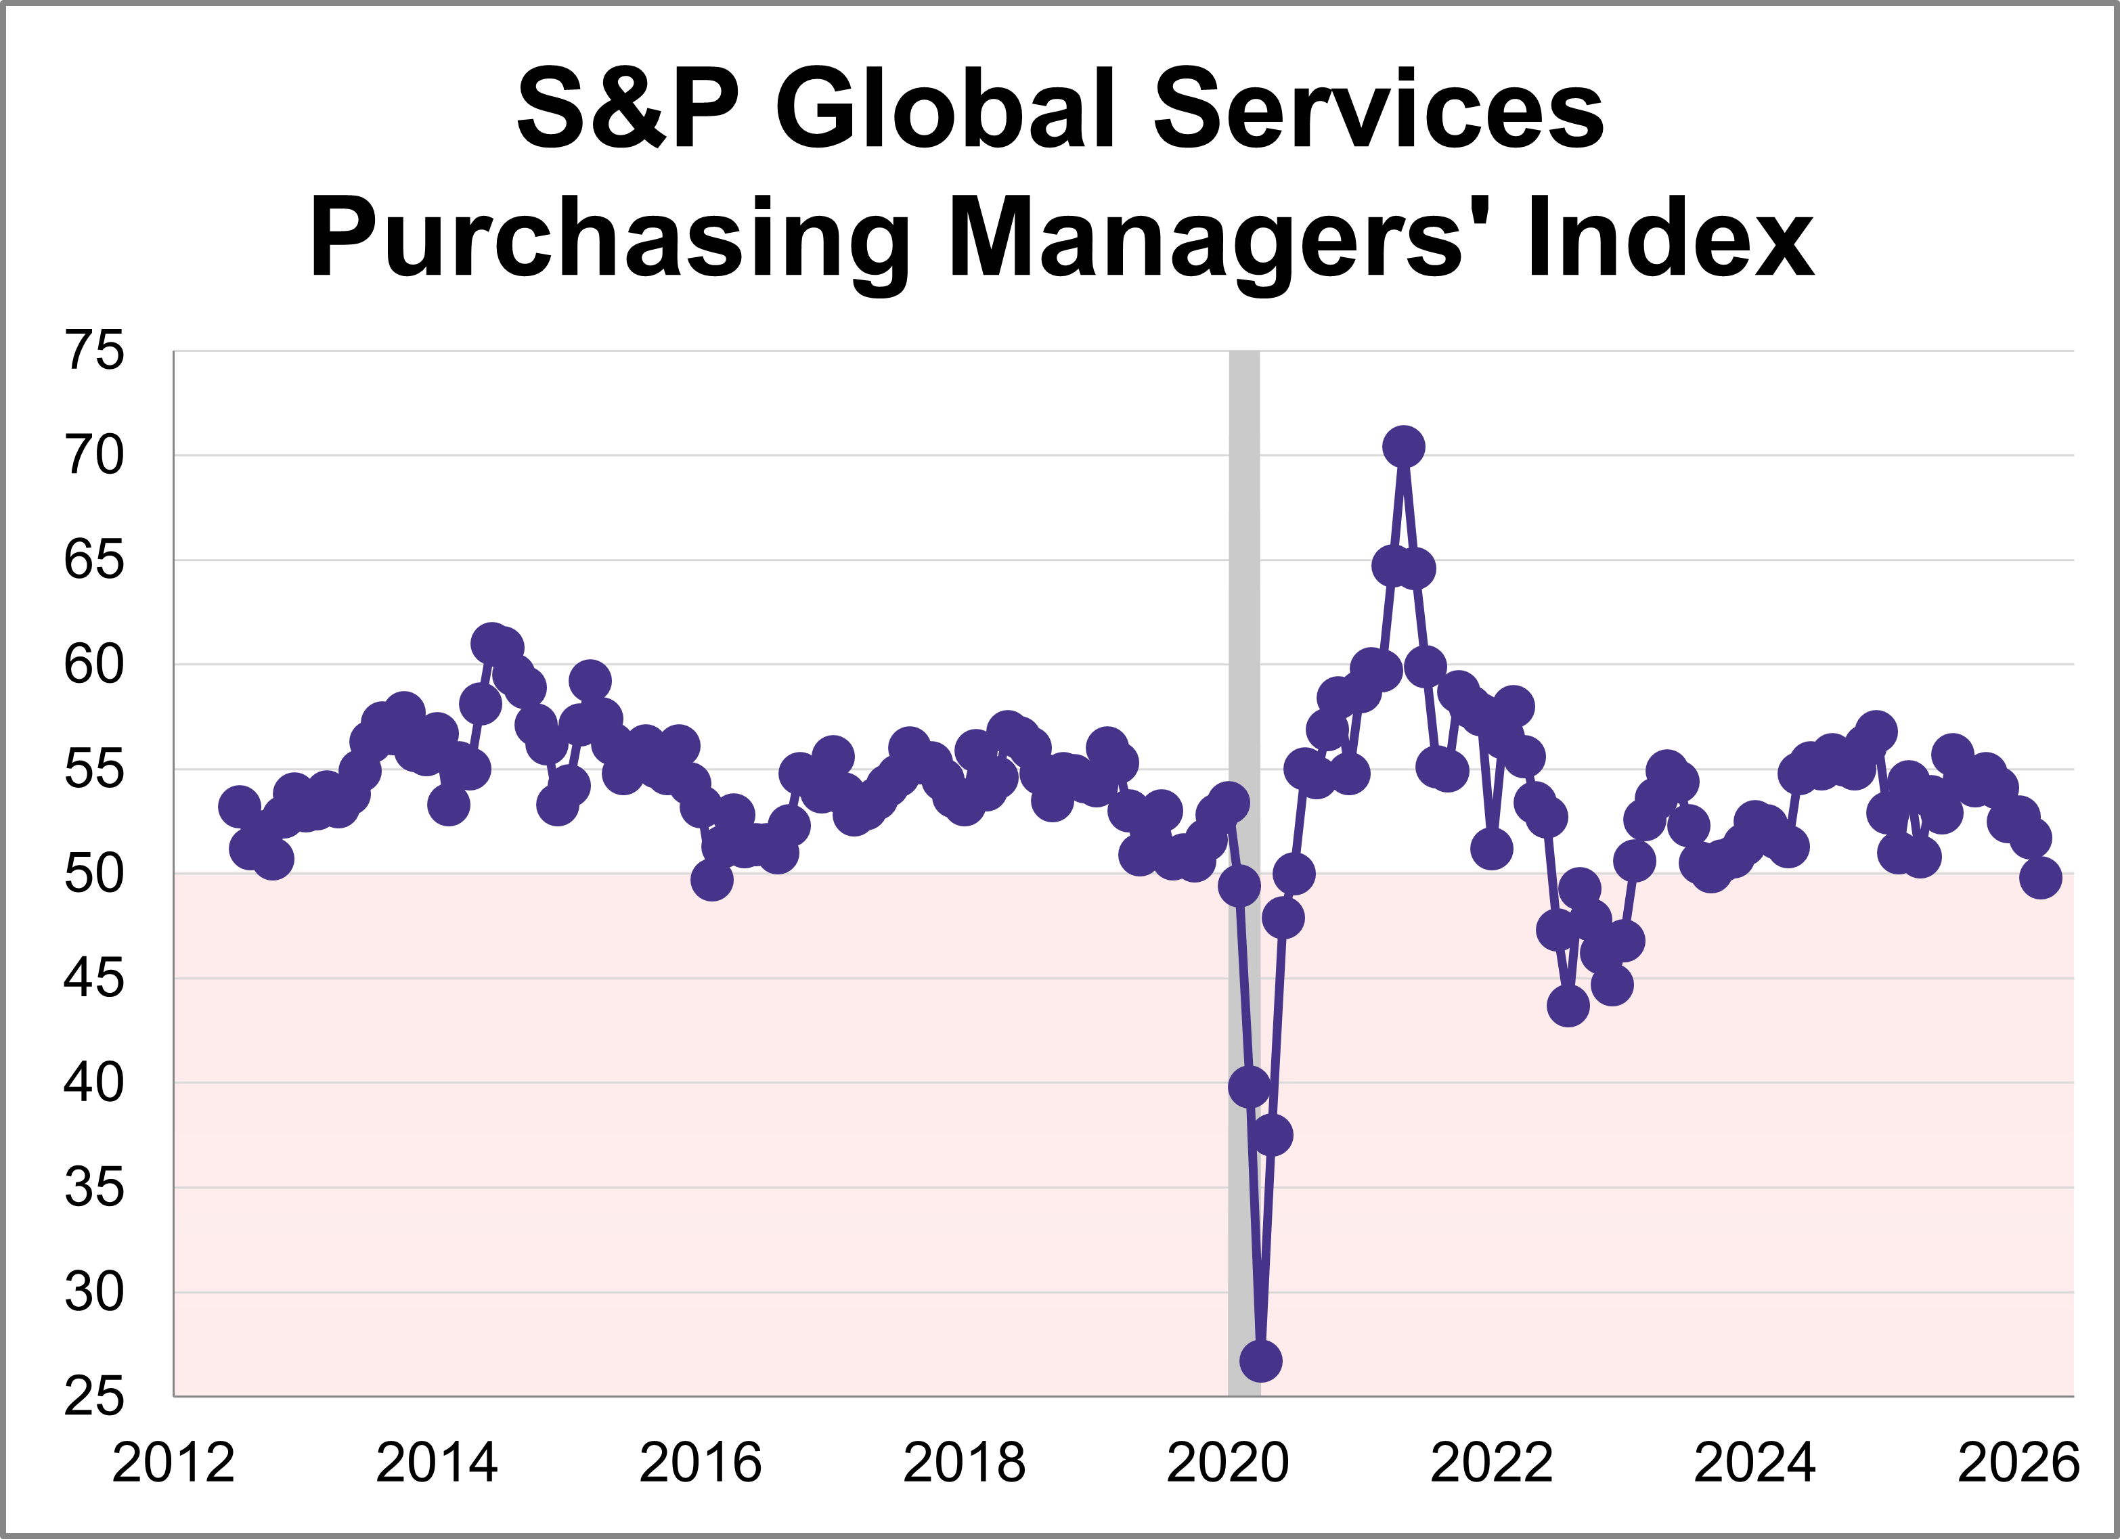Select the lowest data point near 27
point(1261,1362)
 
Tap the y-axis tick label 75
point(93,353)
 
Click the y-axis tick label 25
point(93,1398)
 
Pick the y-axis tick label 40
point(93,1084)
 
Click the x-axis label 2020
point(1227,1463)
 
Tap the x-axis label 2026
point(2018,1463)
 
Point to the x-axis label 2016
point(700,1463)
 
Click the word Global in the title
point(945,110)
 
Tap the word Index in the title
point(1671,238)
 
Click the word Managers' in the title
point(1206,239)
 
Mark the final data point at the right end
point(2041,878)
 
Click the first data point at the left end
point(240,807)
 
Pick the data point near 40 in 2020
point(1249,1088)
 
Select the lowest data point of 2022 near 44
point(1568,1006)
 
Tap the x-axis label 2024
point(1754,1463)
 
